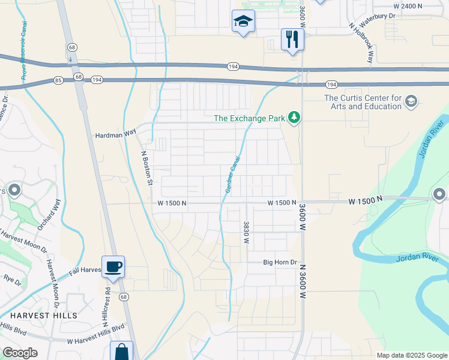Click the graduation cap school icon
point(243,22)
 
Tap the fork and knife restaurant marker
point(292,40)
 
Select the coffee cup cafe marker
point(113,266)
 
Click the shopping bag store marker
point(121,352)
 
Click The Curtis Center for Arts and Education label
point(363,102)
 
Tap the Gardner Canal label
point(233,175)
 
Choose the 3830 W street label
point(246,232)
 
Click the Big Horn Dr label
point(280,262)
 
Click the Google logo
point(20,353)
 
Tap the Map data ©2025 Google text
point(411,355)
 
